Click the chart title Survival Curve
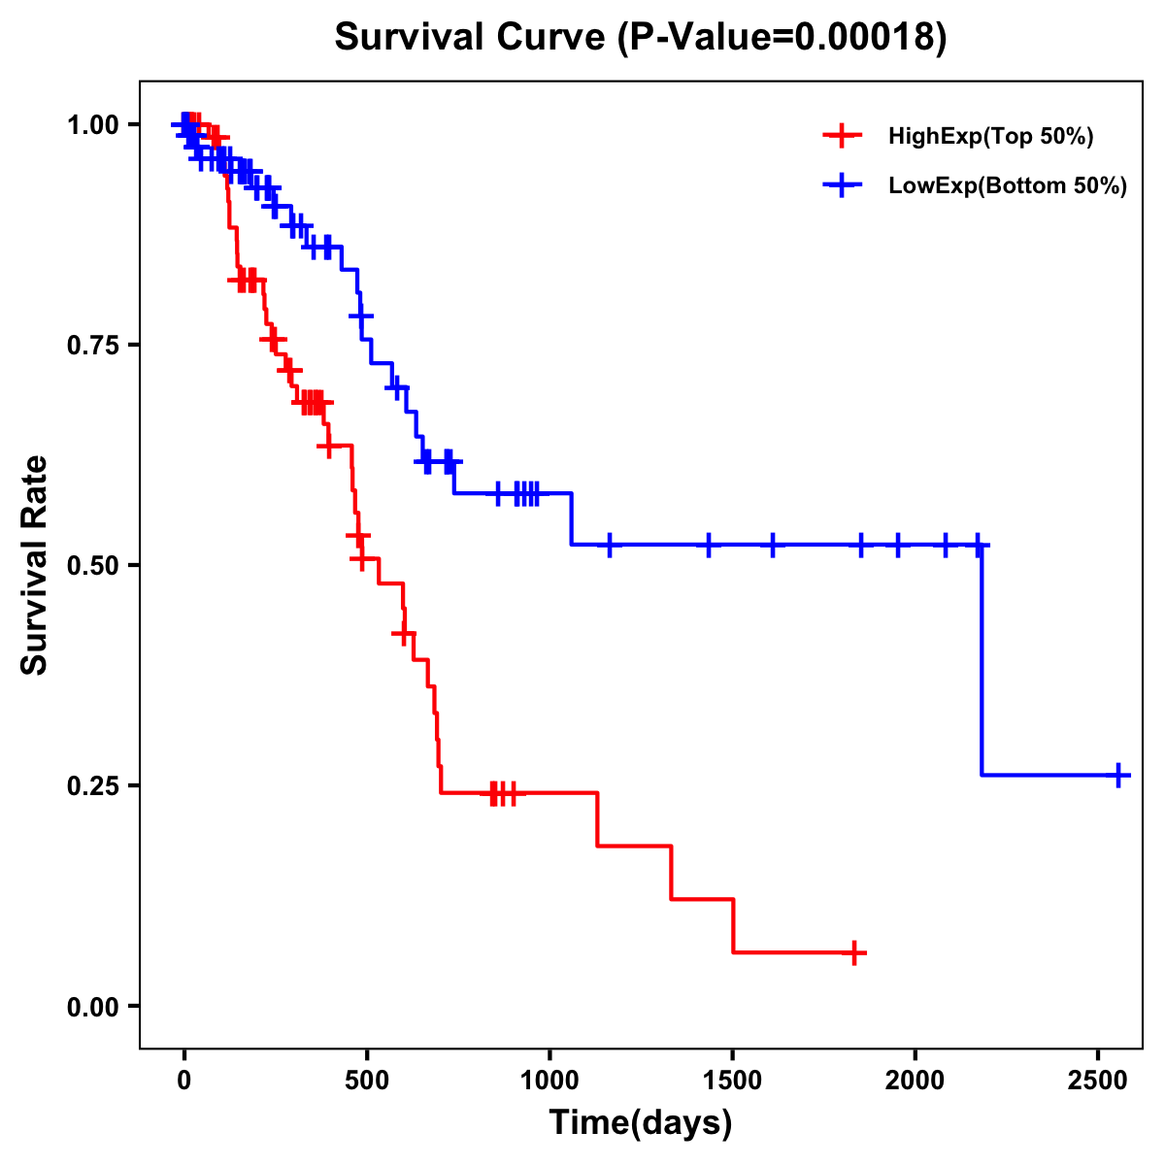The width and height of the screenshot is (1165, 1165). [x=640, y=37]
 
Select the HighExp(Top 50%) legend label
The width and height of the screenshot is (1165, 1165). [x=990, y=137]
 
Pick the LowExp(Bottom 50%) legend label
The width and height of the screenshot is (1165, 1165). [x=1008, y=186]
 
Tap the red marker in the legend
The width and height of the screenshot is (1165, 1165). [x=842, y=136]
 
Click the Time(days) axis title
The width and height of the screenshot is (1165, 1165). [x=640, y=1123]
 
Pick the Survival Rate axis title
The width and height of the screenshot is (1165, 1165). [x=35, y=564]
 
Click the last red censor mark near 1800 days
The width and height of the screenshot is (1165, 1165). [x=853, y=953]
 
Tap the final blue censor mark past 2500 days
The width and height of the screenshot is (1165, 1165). [x=1118, y=775]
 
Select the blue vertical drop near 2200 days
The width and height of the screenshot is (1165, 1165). [x=982, y=660]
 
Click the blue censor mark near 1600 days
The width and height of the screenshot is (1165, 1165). [x=773, y=545]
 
